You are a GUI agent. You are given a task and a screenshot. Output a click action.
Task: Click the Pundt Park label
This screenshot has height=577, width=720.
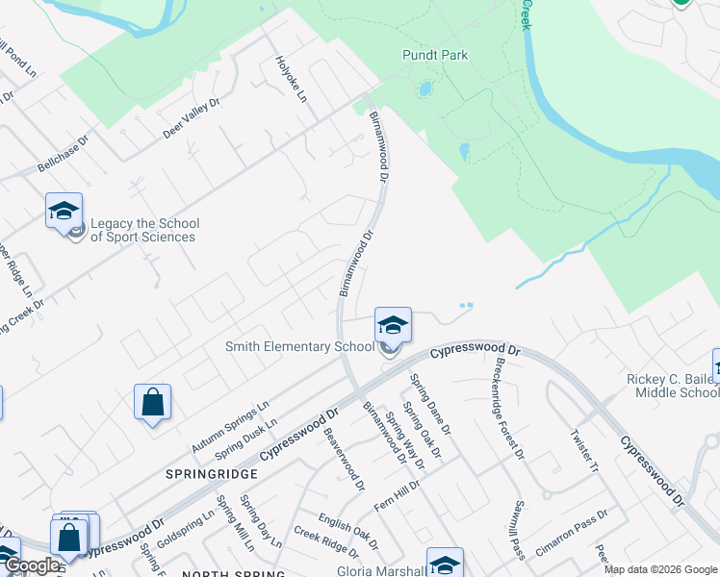pyautogui.click(x=435, y=55)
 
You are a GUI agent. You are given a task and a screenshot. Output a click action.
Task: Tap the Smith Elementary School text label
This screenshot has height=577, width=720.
pyautogui.click(x=299, y=346)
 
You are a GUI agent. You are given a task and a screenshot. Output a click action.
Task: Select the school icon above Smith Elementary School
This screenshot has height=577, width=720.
pyautogui.click(x=392, y=325)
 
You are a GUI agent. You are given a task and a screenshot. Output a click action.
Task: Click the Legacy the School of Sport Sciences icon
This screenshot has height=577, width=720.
pyautogui.click(x=64, y=212)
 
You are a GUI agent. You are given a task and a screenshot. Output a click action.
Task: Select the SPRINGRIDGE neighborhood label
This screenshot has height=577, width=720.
pyautogui.click(x=211, y=474)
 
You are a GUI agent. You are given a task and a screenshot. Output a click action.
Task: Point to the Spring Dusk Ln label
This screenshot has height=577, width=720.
pyautogui.click(x=245, y=438)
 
